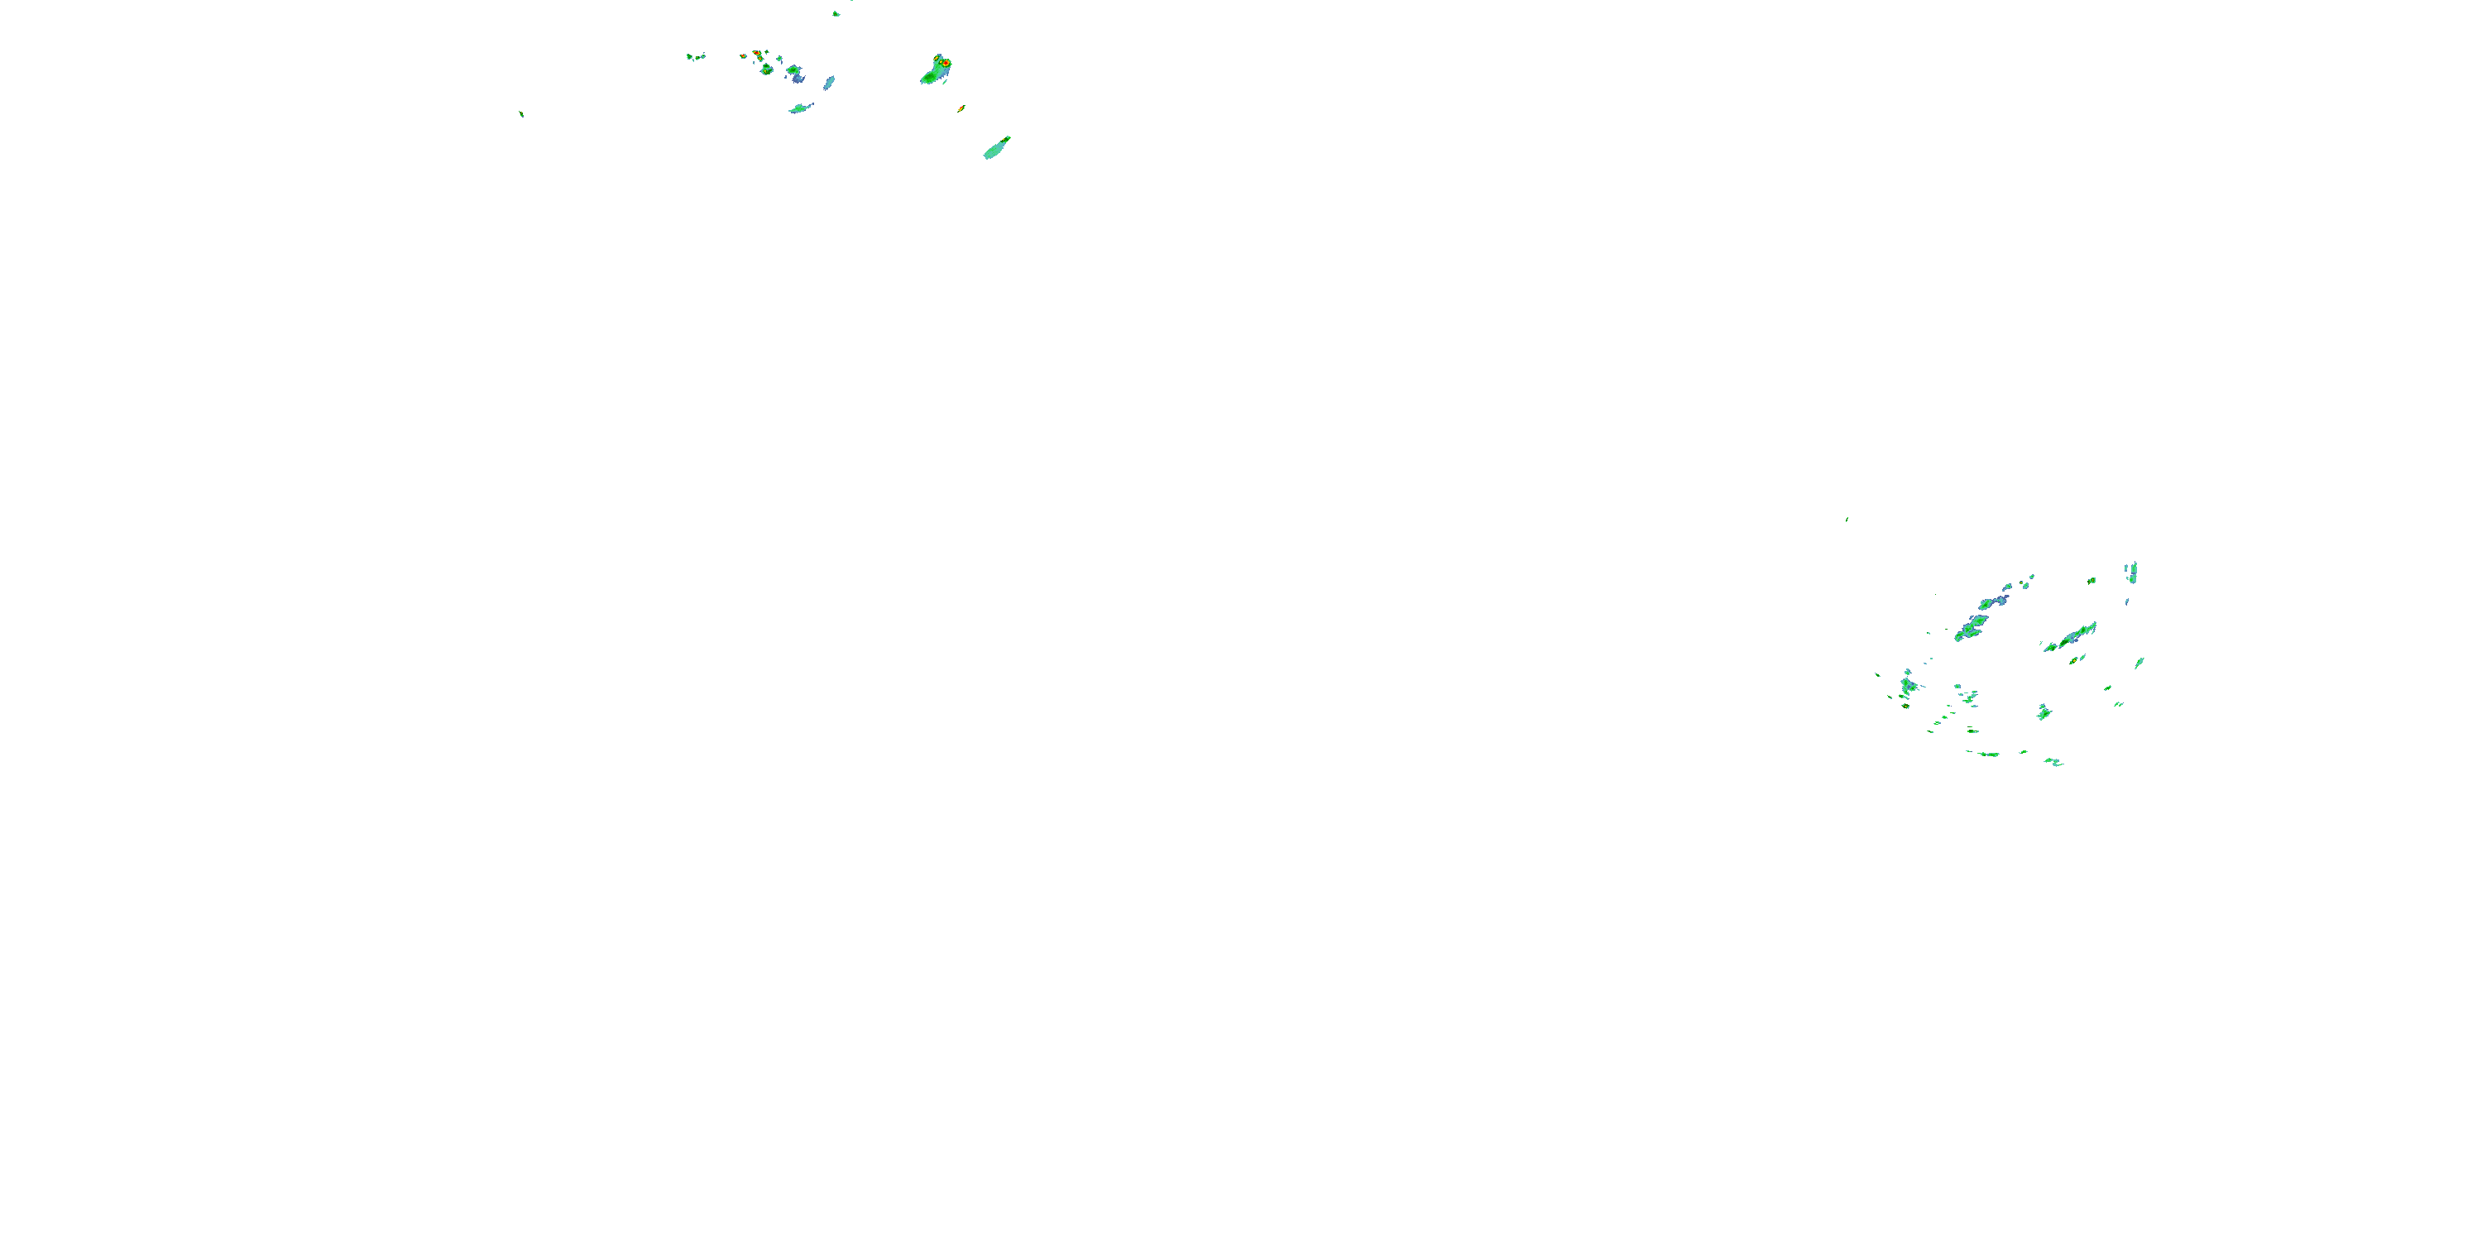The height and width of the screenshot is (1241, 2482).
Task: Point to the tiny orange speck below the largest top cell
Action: [961, 109]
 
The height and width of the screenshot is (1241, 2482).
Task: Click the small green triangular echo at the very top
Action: [836, 13]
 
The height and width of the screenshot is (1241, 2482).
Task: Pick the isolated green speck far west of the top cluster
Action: [521, 113]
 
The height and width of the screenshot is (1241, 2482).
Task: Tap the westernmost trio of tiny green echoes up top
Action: [695, 57]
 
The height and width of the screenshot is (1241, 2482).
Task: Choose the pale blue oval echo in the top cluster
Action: [829, 83]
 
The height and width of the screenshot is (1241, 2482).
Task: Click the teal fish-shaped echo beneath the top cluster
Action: [800, 108]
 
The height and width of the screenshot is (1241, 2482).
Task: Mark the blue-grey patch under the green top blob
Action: [797, 77]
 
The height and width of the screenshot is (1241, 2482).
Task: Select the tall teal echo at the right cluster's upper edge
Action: [2132, 573]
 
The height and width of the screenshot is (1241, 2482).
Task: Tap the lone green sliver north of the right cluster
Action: [1846, 520]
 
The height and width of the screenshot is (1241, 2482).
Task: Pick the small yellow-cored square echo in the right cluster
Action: [2091, 580]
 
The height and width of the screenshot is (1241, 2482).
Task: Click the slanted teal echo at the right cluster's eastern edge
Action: [2139, 663]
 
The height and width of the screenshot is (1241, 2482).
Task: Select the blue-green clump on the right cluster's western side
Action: [1908, 686]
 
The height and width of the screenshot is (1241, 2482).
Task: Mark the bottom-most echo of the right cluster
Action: [2053, 762]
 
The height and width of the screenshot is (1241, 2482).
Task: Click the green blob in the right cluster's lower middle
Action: [2043, 713]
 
